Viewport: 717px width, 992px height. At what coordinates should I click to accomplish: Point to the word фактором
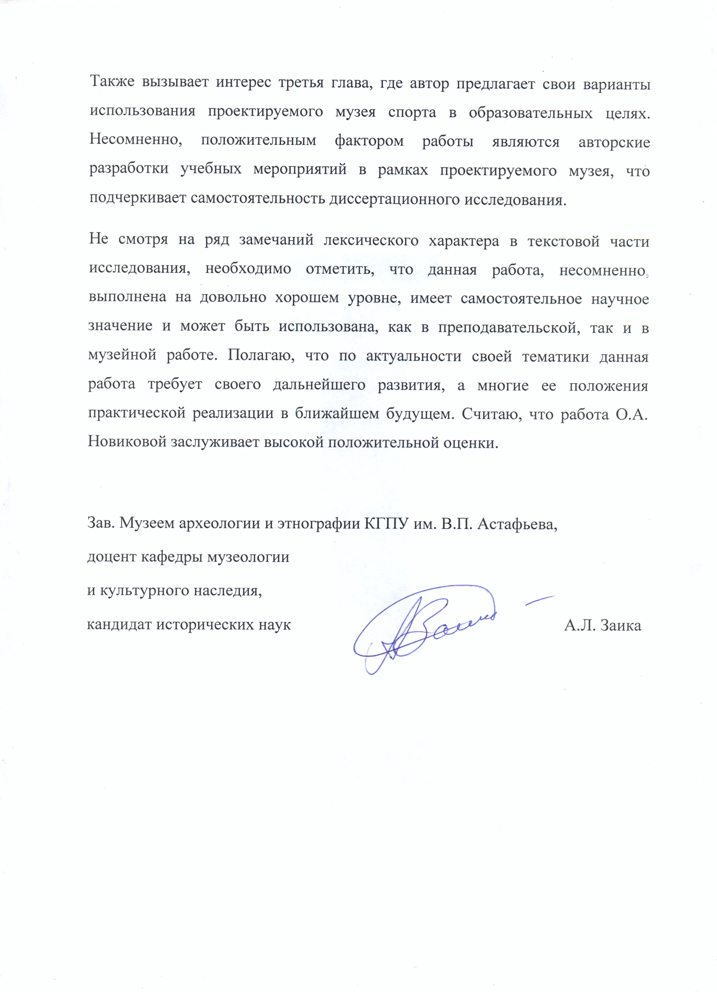pyautogui.click(x=369, y=141)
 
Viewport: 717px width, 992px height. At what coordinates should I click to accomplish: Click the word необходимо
pyautogui.click(x=248, y=268)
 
